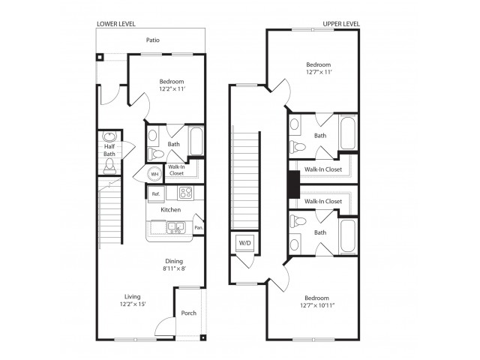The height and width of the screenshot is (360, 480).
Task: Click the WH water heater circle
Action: (155, 174)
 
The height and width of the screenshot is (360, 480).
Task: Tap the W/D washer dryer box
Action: (244, 243)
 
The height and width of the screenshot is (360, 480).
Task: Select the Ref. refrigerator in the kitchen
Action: (156, 194)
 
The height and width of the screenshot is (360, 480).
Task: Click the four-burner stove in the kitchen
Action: (185, 193)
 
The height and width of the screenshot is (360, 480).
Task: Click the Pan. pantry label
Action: (199, 228)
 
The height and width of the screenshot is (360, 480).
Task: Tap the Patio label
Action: (152, 40)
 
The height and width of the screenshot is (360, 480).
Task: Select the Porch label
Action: (188, 313)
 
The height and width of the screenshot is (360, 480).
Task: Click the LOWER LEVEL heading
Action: (116, 24)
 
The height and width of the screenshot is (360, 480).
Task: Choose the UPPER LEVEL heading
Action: (341, 24)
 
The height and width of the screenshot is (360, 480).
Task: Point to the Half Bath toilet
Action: (109, 166)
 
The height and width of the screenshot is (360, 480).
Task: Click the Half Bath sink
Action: (109, 136)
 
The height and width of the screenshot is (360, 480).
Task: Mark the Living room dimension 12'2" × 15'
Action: (133, 304)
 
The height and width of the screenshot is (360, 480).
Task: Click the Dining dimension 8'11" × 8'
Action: (174, 268)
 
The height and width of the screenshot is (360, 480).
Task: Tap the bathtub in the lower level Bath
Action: (196, 142)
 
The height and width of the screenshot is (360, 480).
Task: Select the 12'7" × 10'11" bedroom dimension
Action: (316, 305)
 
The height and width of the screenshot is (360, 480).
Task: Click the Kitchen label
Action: (170, 210)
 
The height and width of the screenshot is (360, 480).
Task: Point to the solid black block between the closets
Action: (293, 184)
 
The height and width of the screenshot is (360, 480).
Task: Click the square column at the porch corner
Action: (202, 337)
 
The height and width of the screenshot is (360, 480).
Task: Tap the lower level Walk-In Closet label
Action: (176, 170)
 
